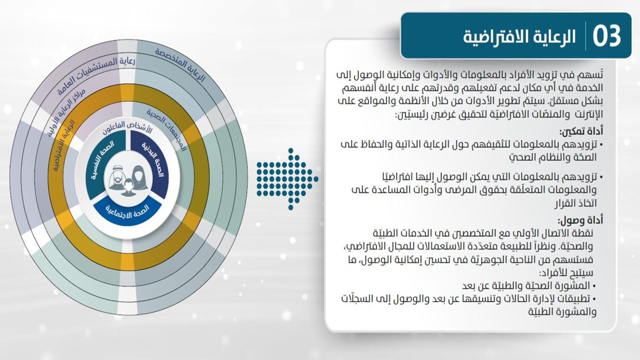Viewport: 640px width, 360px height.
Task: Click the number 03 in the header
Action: pos(607,36)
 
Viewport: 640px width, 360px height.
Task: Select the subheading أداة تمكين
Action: pos(581,131)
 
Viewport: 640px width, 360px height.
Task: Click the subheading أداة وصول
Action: pos(580,220)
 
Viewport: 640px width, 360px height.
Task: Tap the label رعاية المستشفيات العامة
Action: pos(96,74)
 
